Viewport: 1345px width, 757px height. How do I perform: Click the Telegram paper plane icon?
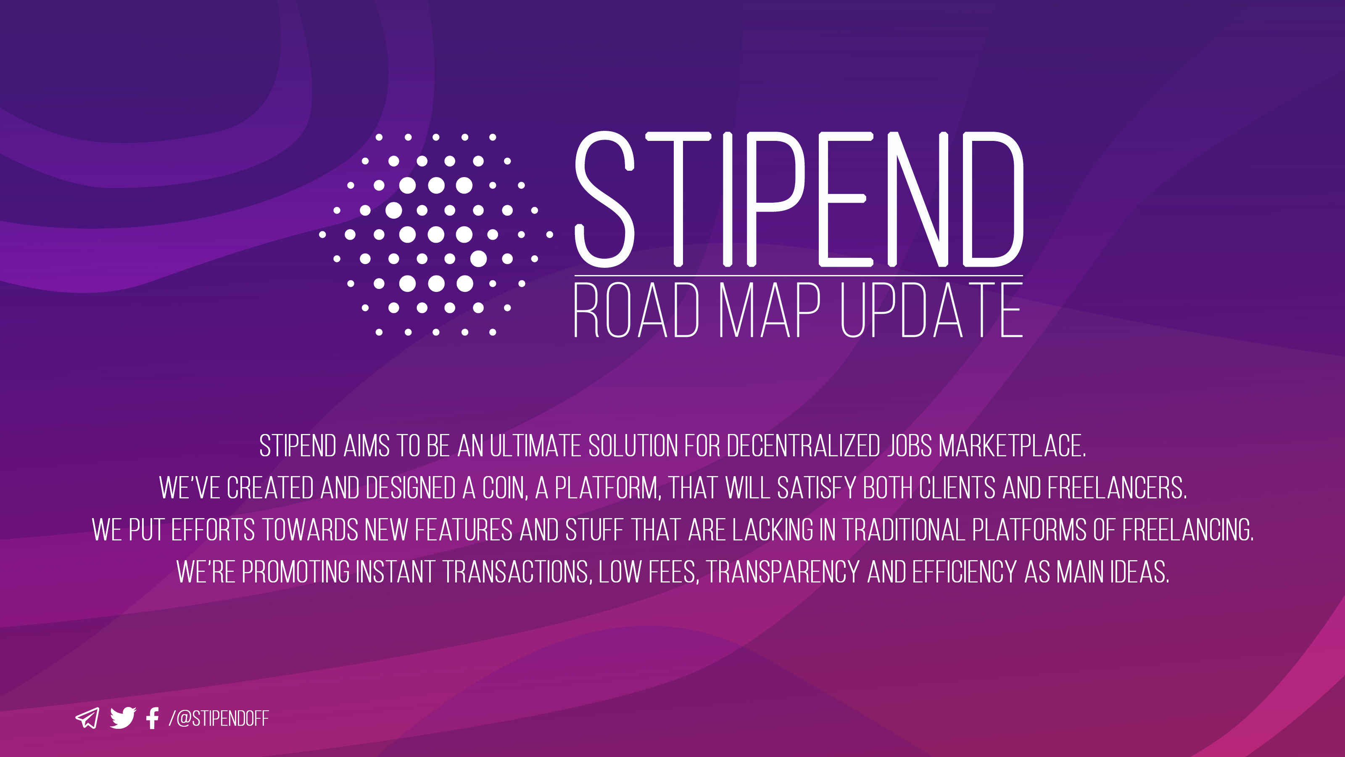tap(87, 718)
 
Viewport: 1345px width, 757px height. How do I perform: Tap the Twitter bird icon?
tap(123, 718)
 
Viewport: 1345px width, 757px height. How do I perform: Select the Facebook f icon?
tap(153, 718)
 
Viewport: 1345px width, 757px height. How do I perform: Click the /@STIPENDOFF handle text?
tap(218, 719)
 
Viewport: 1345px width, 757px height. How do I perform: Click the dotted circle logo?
tap(435, 235)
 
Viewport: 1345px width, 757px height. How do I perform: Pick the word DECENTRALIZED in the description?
tap(804, 446)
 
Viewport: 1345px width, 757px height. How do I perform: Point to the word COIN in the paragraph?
tap(505, 488)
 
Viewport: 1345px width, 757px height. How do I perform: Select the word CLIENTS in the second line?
tap(957, 488)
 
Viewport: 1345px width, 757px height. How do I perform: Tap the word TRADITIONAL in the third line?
tap(903, 530)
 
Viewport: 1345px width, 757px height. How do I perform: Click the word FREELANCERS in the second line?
tap(1117, 488)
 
